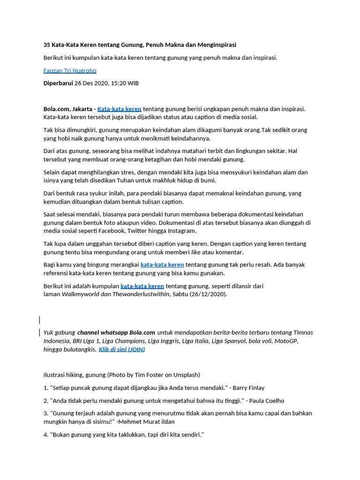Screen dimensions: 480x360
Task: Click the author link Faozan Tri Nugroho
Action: click(x=70, y=70)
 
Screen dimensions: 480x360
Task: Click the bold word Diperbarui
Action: click(x=58, y=83)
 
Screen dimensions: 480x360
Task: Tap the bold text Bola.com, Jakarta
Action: click(x=68, y=109)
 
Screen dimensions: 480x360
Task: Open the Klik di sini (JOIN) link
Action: click(x=121, y=349)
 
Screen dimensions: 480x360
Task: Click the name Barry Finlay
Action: click(x=248, y=388)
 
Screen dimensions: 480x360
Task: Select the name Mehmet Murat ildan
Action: click(x=148, y=421)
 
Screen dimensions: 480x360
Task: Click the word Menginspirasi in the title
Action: click(x=214, y=45)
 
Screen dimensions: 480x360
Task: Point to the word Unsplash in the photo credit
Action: click(x=187, y=375)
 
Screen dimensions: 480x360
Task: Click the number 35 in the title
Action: click(x=47, y=45)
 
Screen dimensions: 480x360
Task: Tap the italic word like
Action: click(x=196, y=252)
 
